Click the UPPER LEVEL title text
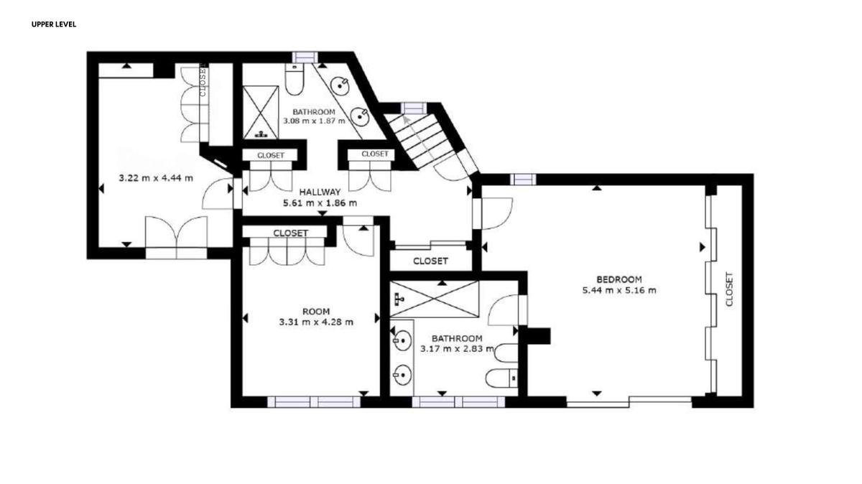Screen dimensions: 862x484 pos(54,24)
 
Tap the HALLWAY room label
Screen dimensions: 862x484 pos(320,192)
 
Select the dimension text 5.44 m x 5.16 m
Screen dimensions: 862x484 pos(619,290)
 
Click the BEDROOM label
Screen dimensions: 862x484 pos(619,279)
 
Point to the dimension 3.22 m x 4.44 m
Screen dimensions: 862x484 pos(156,178)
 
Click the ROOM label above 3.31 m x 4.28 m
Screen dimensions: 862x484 pos(316,311)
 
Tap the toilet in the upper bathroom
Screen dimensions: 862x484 pos(295,79)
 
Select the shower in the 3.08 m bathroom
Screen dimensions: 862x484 pos(261,112)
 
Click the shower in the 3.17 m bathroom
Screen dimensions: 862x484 pos(435,299)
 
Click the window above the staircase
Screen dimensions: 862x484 pos(414,108)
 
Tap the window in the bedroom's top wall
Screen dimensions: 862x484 pos(523,180)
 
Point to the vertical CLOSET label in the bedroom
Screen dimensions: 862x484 pos(729,289)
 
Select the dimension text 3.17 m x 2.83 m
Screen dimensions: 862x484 pos(457,349)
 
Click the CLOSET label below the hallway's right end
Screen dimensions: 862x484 pos(430,261)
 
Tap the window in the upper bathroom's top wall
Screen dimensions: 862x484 pos(305,57)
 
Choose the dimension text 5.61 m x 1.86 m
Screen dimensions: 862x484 pos(320,203)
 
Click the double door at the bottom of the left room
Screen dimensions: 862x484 pos(176,238)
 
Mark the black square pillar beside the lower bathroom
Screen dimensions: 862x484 pos(538,336)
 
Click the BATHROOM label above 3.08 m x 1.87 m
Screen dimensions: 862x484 pos(314,112)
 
